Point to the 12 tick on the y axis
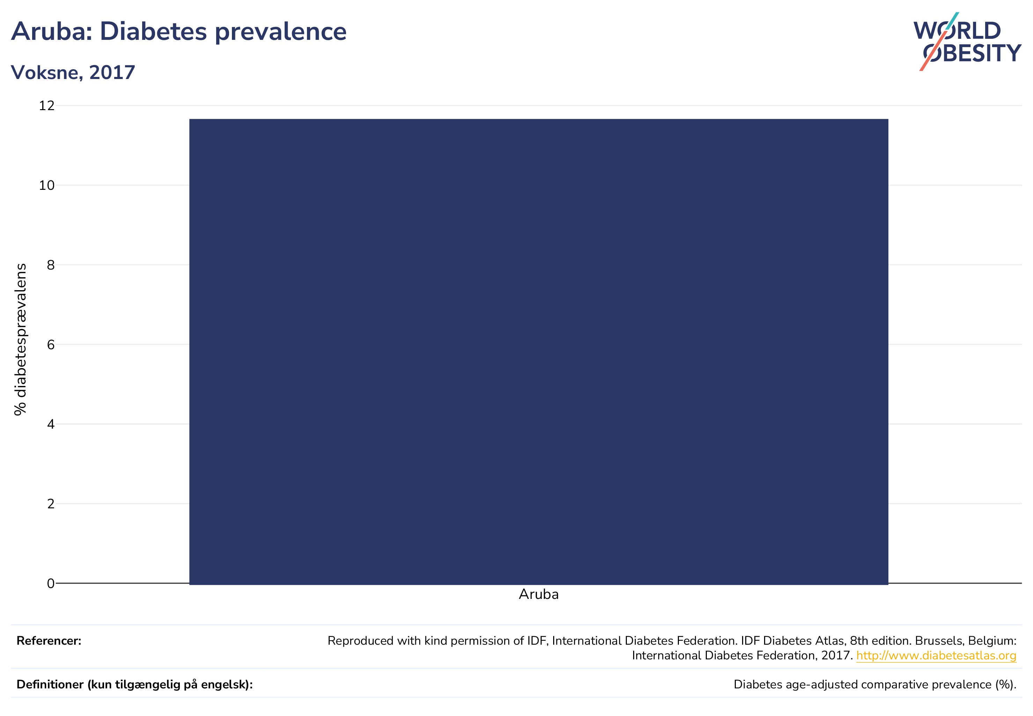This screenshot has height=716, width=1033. [x=46, y=106]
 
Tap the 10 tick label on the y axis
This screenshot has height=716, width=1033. [x=46, y=185]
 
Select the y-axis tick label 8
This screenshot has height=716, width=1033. [x=51, y=265]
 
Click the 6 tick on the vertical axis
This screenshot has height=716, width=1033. [x=51, y=345]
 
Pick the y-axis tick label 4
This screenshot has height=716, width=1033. [x=51, y=424]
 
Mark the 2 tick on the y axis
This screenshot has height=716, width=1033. [x=51, y=504]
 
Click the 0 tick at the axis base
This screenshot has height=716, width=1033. [x=51, y=583]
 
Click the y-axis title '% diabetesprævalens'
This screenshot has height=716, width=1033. [x=20, y=339]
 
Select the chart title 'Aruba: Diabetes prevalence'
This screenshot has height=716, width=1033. [x=179, y=31]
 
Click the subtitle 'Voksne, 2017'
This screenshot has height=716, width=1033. [x=73, y=72]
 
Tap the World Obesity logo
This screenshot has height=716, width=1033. [x=967, y=41]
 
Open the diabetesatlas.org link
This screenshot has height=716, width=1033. [x=936, y=656]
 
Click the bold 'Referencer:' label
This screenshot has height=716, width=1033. [x=49, y=640]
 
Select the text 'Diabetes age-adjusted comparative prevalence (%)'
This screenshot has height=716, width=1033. [x=874, y=685]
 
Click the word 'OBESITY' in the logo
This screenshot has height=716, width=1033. [x=972, y=53]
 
